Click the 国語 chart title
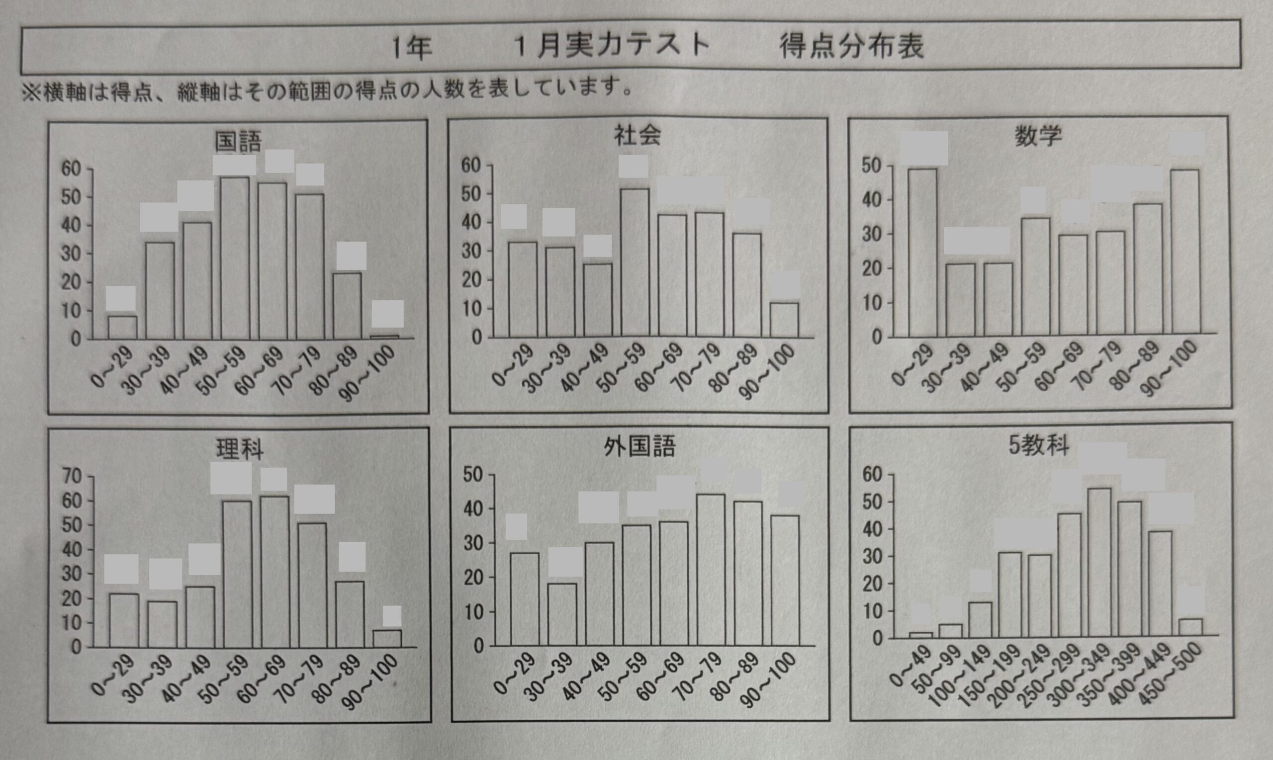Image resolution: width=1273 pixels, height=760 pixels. (x=238, y=142)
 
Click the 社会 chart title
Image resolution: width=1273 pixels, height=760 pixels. (x=637, y=136)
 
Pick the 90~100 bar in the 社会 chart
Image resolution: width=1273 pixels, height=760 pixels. (x=784, y=320)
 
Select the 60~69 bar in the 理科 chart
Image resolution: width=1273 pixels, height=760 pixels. (x=275, y=572)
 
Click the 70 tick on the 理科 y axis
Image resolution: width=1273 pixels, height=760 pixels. (x=71, y=477)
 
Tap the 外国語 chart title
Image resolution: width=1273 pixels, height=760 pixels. (x=639, y=446)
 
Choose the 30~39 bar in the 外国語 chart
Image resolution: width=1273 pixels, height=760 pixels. (x=562, y=614)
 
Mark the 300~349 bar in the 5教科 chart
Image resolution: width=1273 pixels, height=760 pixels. (x=1099, y=562)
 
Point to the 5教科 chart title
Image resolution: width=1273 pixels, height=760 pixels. (x=1039, y=445)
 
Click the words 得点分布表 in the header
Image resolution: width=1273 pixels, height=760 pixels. (x=851, y=47)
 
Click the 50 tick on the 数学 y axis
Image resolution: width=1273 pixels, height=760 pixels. (x=871, y=166)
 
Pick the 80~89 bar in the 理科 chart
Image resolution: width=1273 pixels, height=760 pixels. (x=351, y=614)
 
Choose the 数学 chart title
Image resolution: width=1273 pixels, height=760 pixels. (x=1038, y=136)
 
